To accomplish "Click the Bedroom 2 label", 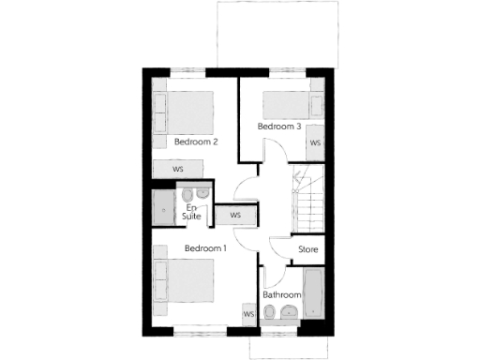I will click(x=196, y=142).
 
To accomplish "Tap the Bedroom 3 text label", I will click(x=279, y=126).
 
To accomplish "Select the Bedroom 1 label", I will click(x=205, y=248).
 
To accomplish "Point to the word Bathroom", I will click(x=281, y=294).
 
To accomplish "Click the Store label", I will click(x=308, y=250).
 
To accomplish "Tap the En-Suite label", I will click(x=192, y=212).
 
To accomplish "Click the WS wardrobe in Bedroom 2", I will click(x=178, y=168).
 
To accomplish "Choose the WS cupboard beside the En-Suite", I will click(x=235, y=215).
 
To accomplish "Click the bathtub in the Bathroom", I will click(x=314, y=294).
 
